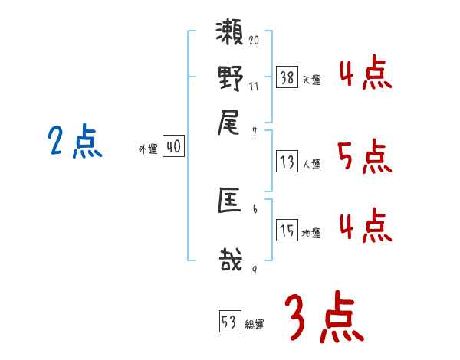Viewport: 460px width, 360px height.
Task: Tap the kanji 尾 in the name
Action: click(230, 121)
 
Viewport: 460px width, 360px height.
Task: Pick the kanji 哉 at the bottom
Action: click(230, 260)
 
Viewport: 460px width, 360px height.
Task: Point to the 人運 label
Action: click(312, 164)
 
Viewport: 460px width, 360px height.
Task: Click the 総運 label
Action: click(255, 325)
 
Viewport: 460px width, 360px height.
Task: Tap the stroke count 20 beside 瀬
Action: click(255, 40)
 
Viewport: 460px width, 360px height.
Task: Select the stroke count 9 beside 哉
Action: click(254, 270)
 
